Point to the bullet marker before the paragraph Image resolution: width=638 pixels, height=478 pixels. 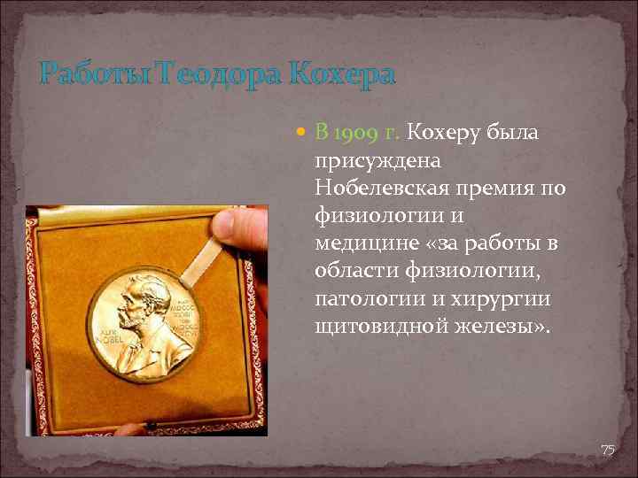pos(300,133)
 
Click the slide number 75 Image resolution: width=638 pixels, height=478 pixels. pos(608,451)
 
